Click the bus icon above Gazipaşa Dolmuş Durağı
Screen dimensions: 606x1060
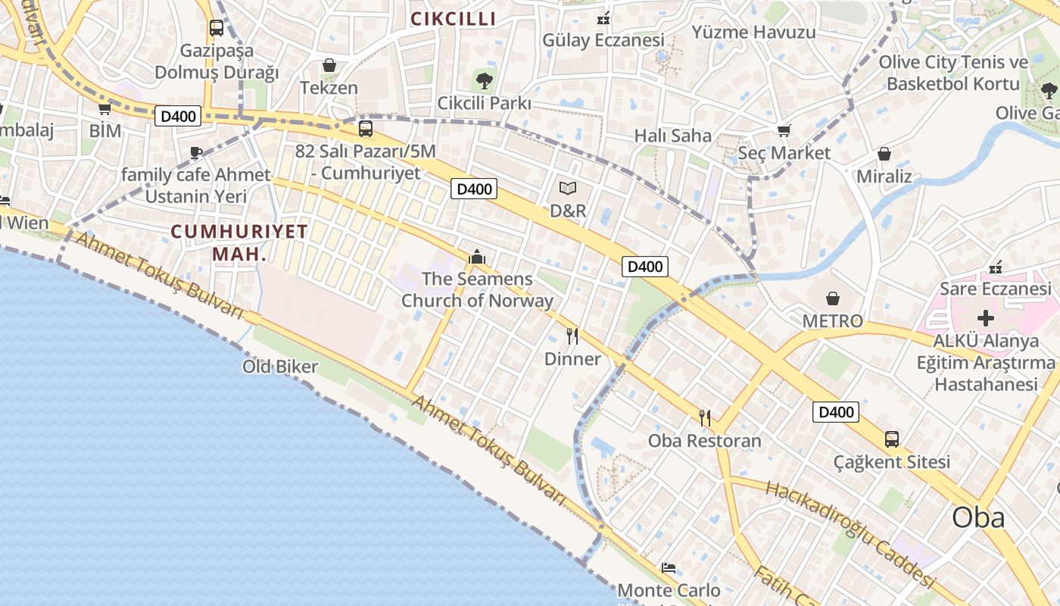tap(217, 28)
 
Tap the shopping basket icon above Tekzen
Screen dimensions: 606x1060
tap(329, 66)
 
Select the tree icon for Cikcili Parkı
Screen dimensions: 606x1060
tap(484, 80)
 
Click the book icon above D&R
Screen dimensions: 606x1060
tap(568, 188)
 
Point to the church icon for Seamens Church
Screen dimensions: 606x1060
tap(477, 258)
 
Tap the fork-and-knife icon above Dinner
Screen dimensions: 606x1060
tap(572, 336)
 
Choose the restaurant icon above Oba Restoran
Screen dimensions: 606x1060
tap(705, 417)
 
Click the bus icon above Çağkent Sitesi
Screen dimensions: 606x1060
tap(892, 439)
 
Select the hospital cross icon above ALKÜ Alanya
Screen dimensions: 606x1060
tap(986, 318)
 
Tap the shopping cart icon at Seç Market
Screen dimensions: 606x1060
tap(784, 131)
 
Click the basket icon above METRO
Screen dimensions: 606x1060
tap(833, 298)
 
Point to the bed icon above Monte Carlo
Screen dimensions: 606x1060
tap(669, 567)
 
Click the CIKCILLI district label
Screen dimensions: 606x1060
tap(453, 19)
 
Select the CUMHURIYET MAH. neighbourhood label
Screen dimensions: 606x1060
tap(239, 242)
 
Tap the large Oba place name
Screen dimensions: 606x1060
tap(978, 517)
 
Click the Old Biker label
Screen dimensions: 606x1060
tap(280, 367)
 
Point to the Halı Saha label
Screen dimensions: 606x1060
tap(673, 136)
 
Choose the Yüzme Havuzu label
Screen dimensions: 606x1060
tap(753, 33)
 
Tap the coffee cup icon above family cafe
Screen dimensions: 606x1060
tap(196, 152)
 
